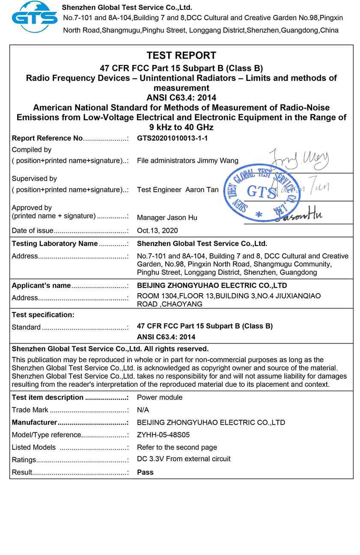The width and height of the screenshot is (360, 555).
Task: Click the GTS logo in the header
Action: tap(34, 17)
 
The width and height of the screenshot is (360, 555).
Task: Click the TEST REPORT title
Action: tap(181, 55)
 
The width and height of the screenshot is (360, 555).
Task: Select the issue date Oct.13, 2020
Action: tap(157, 231)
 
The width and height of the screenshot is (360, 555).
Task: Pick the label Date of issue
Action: tap(33, 231)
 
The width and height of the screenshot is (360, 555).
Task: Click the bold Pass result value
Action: tap(145, 472)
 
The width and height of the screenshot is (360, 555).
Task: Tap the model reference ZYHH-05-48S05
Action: tap(163, 435)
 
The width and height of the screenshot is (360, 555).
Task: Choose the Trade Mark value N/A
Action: tap(143, 410)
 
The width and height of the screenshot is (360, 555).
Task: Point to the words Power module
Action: tap(160, 398)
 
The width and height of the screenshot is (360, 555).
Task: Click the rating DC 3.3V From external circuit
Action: tap(184, 459)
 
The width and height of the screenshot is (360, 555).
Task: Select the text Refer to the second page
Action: tap(177, 447)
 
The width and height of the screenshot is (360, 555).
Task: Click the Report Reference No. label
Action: tap(47, 138)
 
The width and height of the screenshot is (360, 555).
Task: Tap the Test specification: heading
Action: tap(43, 315)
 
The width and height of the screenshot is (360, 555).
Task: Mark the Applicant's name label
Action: tap(41, 285)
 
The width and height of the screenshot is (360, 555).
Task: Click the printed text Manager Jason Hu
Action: tap(167, 218)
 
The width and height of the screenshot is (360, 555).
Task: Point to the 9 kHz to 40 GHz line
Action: tap(181, 127)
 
